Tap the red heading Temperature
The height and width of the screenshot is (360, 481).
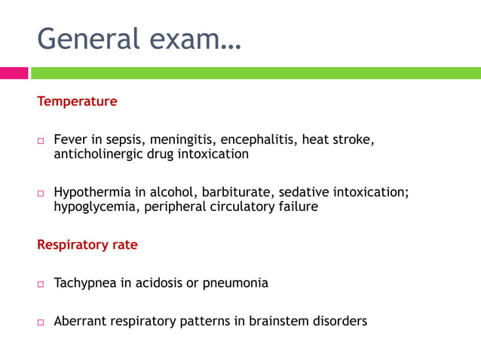(77, 101)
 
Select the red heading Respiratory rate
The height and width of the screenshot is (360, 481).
(87, 245)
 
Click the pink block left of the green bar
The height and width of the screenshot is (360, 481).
(14, 73)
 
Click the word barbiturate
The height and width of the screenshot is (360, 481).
(234, 192)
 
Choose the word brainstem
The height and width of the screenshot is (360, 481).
(274, 322)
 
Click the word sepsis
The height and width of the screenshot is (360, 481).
(128, 141)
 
